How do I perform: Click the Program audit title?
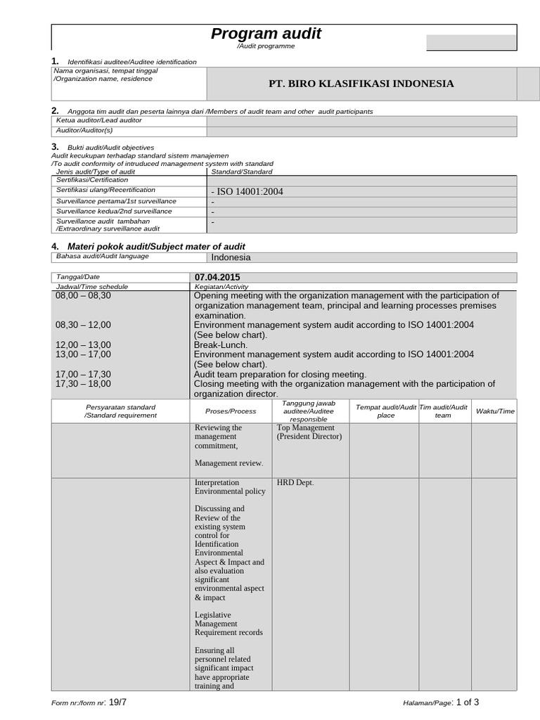(266, 34)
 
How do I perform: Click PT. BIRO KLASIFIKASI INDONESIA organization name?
(361, 84)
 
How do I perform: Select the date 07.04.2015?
(217, 278)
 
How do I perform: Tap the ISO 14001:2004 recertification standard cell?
(247, 191)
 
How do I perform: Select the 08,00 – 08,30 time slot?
(83, 296)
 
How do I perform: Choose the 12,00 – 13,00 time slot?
(83, 345)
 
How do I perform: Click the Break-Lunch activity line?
(221, 345)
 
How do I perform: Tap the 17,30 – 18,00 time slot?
(83, 384)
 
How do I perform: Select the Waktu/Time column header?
(495, 411)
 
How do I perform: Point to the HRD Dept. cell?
(295, 482)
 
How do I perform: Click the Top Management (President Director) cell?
(309, 432)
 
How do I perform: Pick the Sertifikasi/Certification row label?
(92, 180)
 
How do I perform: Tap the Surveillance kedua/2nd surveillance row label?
(114, 211)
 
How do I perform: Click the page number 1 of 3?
(468, 702)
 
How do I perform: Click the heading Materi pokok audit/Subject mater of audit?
(155, 246)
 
